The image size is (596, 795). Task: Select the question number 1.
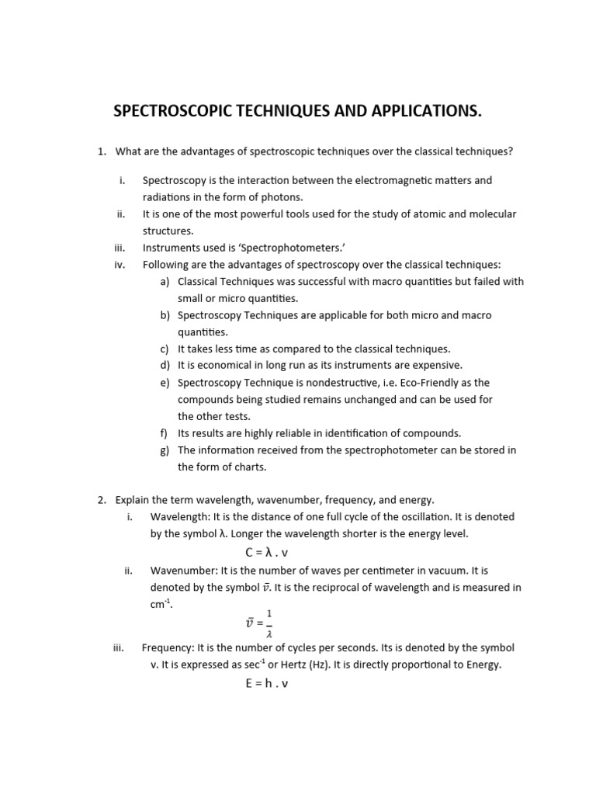pyautogui.click(x=102, y=151)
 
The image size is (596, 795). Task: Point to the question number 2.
pyautogui.click(x=102, y=500)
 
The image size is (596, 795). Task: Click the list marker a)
pyautogui.click(x=165, y=282)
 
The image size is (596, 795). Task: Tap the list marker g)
pyautogui.click(x=165, y=450)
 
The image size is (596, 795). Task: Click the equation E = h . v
pyautogui.click(x=267, y=684)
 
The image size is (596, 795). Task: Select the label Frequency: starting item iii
pyautogui.click(x=168, y=647)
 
